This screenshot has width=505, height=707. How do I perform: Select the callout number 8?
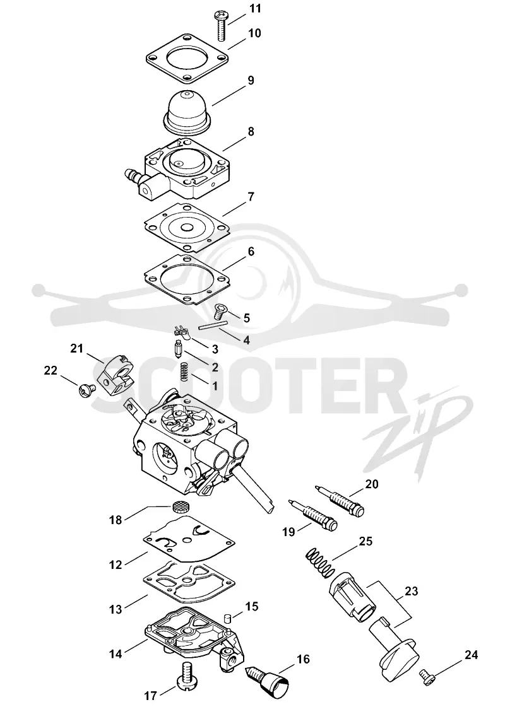tap(250, 132)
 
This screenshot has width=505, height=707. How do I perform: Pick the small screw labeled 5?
tap(221, 311)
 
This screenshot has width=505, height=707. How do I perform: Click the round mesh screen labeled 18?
tap(181, 507)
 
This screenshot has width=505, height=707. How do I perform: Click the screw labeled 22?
tap(88, 389)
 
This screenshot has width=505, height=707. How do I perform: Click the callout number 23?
tap(411, 591)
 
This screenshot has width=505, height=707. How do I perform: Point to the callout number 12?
tap(116, 564)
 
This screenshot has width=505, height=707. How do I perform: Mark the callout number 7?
tap(251, 197)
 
